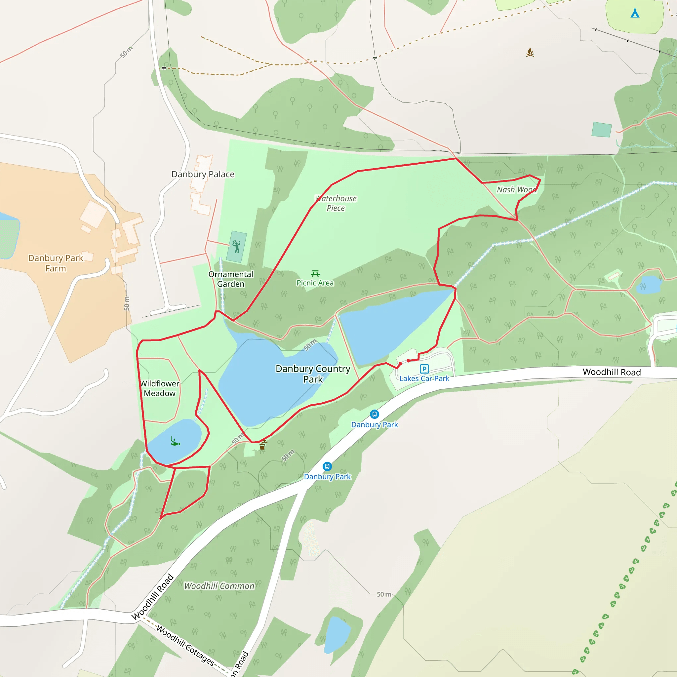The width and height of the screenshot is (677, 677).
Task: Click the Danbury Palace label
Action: [x=203, y=174]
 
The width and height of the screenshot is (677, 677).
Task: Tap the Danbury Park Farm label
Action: [x=56, y=263]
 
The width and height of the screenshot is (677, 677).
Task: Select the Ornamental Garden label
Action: [x=231, y=279]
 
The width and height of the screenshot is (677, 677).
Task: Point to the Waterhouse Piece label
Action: [x=336, y=203]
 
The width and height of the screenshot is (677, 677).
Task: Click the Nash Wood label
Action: [x=517, y=189]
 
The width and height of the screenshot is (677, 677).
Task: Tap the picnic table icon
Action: [x=315, y=273]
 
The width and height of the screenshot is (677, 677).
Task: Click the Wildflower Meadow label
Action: [x=160, y=388]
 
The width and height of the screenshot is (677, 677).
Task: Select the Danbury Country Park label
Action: [x=313, y=374]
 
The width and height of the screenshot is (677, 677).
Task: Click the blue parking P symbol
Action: [x=424, y=369]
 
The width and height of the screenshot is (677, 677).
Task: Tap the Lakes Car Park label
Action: [x=424, y=378]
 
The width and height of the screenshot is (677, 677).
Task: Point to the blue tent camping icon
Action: [x=635, y=13]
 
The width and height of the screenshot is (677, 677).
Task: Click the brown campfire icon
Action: [x=530, y=53]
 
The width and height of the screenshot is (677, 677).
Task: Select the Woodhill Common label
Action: [x=219, y=586]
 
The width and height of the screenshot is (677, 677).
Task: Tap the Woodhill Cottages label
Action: [x=185, y=645]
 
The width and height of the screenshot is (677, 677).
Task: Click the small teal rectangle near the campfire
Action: [x=602, y=129]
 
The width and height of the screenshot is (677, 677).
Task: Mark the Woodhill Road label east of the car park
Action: [x=612, y=372]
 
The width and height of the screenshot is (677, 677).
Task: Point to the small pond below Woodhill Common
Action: [x=337, y=635]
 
